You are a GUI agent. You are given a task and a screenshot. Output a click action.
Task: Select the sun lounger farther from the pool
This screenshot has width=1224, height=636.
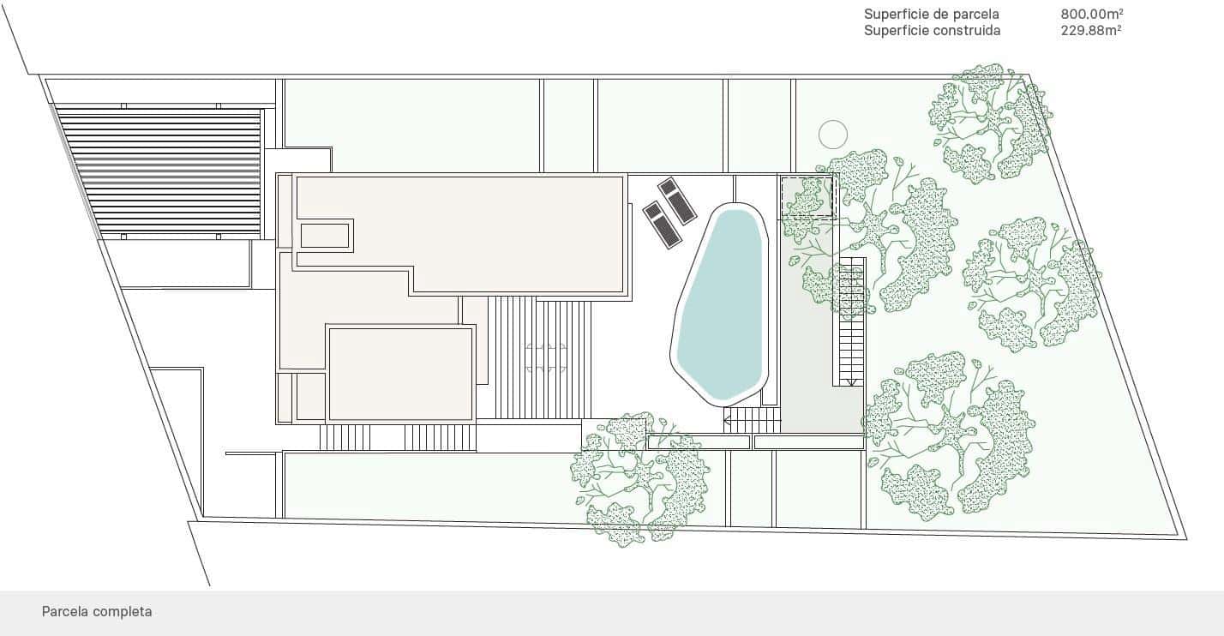(x=663, y=225)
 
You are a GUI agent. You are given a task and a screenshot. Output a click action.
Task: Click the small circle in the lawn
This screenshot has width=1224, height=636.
(x=833, y=135)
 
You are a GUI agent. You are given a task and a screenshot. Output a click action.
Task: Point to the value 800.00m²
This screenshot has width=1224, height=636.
(x=1092, y=14)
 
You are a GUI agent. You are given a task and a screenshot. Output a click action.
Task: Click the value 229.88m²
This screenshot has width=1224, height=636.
(x=1091, y=30)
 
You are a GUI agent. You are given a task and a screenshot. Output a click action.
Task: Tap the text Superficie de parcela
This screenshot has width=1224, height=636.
(x=931, y=14)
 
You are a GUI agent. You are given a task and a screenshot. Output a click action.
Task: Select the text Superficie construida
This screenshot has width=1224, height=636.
(x=933, y=30)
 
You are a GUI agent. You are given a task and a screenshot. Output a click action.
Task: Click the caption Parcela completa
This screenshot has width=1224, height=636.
(x=97, y=611)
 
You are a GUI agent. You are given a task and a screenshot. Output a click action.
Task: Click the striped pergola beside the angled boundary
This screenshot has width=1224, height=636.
(x=159, y=172)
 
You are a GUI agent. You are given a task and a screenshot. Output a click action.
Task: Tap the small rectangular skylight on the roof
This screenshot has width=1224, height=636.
(x=325, y=236)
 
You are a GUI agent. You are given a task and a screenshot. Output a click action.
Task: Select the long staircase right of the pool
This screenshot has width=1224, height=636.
(x=849, y=321)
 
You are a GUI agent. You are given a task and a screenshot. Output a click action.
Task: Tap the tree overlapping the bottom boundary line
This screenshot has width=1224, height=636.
(x=639, y=478)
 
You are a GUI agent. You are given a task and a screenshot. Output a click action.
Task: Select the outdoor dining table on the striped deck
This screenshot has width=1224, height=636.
(x=546, y=358)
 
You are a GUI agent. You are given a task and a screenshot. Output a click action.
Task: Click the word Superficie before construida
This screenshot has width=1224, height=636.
(x=896, y=30)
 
